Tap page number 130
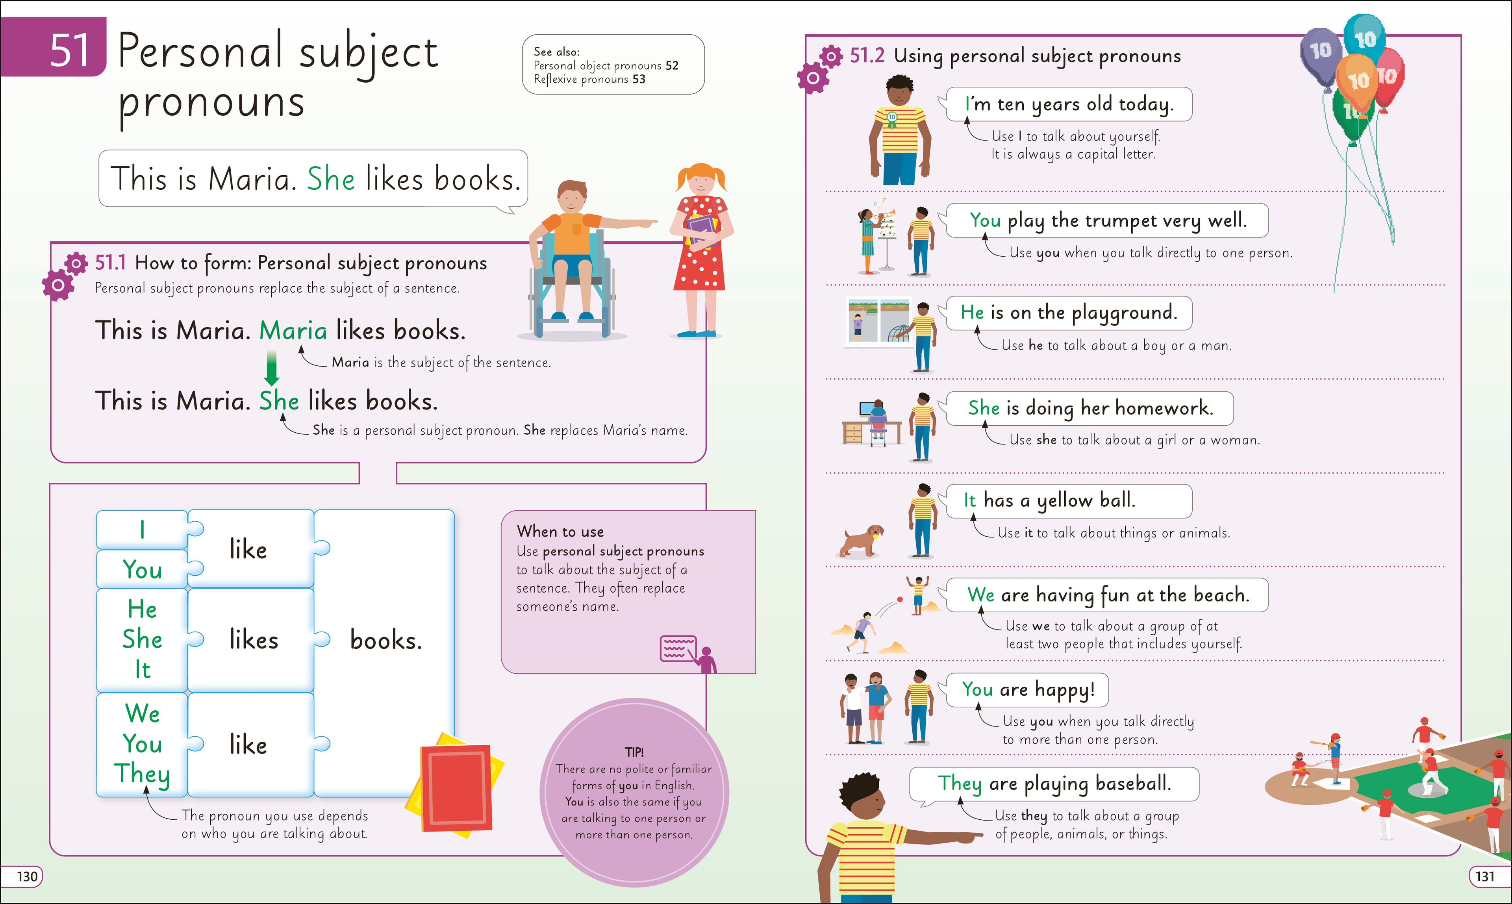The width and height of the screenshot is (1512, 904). [x=27, y=876]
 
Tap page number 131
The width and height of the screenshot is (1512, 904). [x=1484, y=876]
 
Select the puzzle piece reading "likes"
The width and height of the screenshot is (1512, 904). [x=254, y=640]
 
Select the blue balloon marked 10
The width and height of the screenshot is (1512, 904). [x=1365, y=38]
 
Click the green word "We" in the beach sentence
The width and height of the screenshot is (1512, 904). [x=981, y=595]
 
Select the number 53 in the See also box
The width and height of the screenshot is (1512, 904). [x=638, y=79]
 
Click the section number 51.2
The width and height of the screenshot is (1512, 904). [x=867, y=56]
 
